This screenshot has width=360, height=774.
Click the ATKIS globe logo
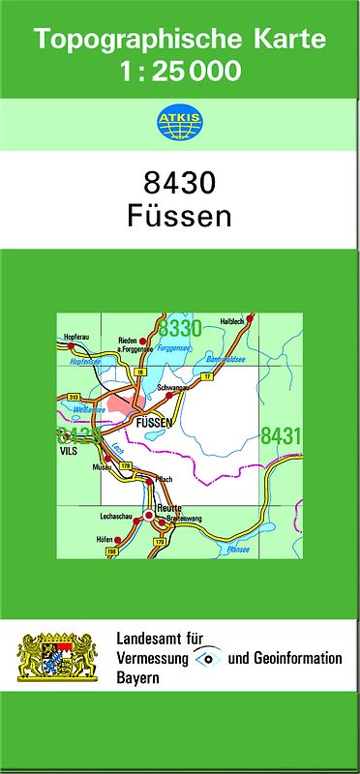(x=180, y=123)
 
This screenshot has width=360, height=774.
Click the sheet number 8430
(x=179, y=184)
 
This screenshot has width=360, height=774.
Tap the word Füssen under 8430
(x=179, y=216)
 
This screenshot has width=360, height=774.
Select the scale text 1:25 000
(x=180, y=72)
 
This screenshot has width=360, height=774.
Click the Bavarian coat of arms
(x=58, y=657)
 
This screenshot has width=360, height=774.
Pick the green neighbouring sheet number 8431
(x=281, y=436)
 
